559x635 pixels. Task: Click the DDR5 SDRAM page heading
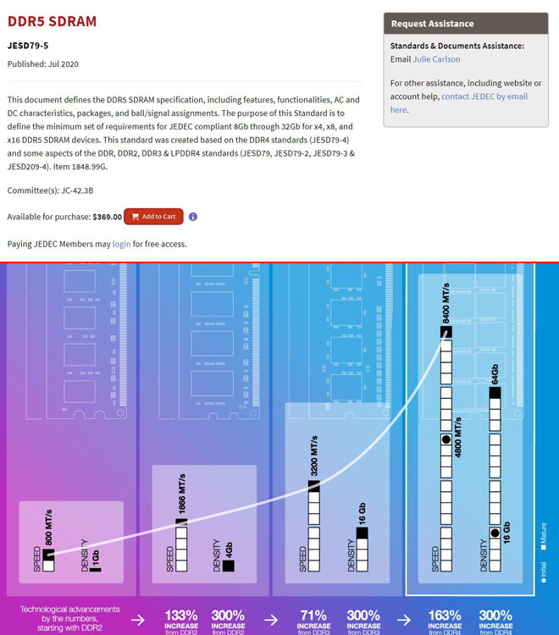(x=52, y=21)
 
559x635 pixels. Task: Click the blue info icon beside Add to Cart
(x=193, y=217)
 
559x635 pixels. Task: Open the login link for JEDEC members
(x=121, y=244)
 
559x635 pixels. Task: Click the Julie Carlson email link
(x=436, y=59)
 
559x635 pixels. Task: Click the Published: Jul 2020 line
(x=42, y=64)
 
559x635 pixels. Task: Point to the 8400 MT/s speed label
(x=446, y=301)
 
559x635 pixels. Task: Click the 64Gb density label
(x=495, y=373)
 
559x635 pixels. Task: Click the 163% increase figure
(x=445, y=616)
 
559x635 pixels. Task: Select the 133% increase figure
(x=180, y=616)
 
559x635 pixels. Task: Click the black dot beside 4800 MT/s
(x=446, y=439)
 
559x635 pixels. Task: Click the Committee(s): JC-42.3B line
(x=50, y=190)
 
